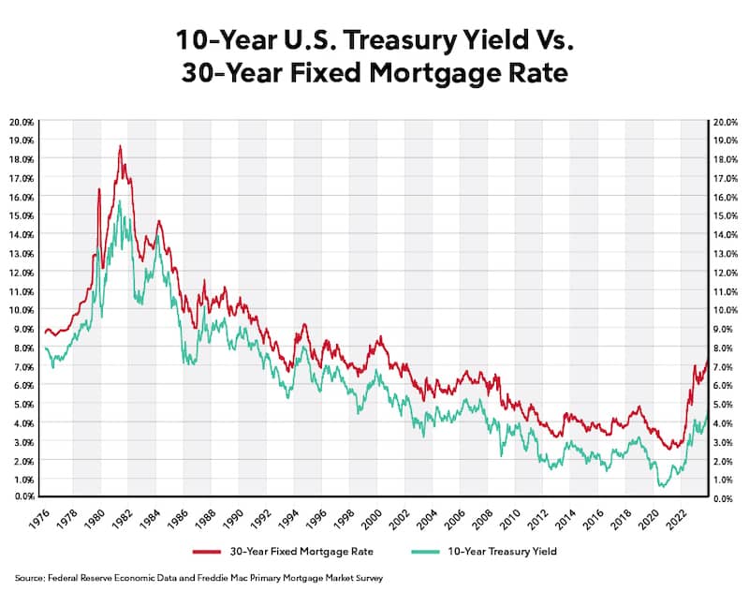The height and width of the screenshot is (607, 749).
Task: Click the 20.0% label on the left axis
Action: coord(22,122)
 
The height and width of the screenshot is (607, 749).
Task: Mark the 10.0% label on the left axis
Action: coord(22,309)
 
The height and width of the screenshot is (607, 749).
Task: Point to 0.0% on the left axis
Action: coord(24,496)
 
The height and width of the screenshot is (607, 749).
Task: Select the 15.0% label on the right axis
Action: coord(726,215)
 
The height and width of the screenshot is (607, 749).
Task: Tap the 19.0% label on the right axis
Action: coord(726,141)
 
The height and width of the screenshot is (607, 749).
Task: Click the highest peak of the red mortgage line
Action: coord(120,146)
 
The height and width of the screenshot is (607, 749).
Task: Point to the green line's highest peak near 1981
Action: coord(120,200)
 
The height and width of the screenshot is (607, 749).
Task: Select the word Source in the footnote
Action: coord(29,579)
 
